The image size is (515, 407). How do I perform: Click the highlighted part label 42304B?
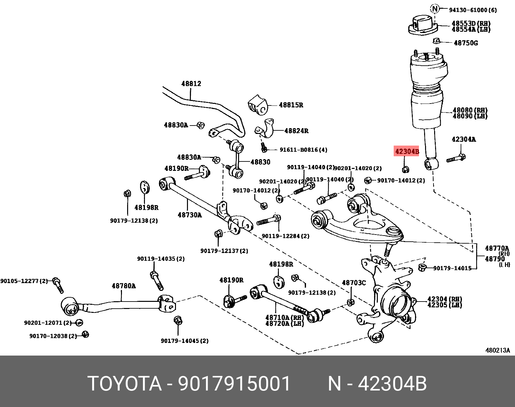pos(407,151)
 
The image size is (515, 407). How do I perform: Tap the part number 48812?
pos(191,84)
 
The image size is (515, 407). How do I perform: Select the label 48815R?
pos(291,105)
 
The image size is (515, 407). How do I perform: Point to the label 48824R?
pos(296,131)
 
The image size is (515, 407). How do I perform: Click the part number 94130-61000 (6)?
pos(473,10)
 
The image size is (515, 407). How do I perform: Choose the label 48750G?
pos(466,43)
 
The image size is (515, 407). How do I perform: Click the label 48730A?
pos(190,215)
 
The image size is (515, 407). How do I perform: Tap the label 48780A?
pos(124,286)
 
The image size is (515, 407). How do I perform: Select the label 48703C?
pos(354,283)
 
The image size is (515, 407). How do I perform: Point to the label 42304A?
pos(464,139)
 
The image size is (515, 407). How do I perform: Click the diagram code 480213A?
pos(498,350)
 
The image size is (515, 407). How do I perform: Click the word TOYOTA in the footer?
pos(125,384)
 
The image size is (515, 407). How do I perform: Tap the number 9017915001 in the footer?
pos(234,384)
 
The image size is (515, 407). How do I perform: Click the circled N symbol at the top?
pos(435,9)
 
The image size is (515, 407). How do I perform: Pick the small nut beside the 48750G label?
pos(436,41)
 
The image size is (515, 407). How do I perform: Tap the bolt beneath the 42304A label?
pos(456,159)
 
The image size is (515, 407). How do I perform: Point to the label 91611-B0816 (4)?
pos(303,150)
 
